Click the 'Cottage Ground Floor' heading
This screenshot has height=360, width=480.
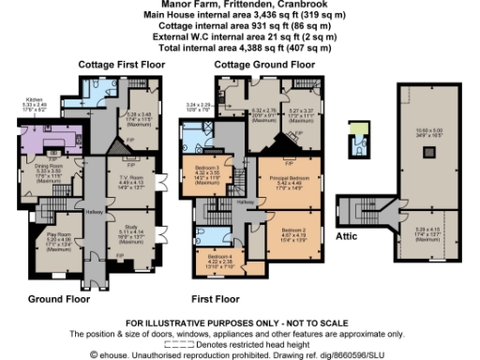pyautogui.click(x=263, y=64)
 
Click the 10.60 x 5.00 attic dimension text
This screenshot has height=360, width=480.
pyautogui.click(x=428, y=130)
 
